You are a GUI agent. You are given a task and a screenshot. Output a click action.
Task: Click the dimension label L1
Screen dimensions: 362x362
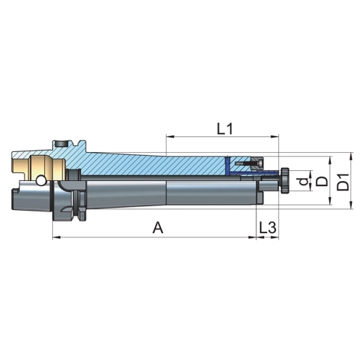click(224, 129)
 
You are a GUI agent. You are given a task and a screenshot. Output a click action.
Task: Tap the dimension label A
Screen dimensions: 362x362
click(158, 228)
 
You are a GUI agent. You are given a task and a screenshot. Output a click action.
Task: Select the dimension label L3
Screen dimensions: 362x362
click(267, 227)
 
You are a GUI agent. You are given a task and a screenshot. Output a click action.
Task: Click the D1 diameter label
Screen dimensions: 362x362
click(342, 182)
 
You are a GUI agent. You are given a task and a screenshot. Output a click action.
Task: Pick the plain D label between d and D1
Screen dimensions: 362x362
click(322, 182)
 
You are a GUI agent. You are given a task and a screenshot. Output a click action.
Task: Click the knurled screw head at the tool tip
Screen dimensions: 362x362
click(285, 180)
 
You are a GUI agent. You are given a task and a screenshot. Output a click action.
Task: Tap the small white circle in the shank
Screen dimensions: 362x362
click(41, 180)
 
